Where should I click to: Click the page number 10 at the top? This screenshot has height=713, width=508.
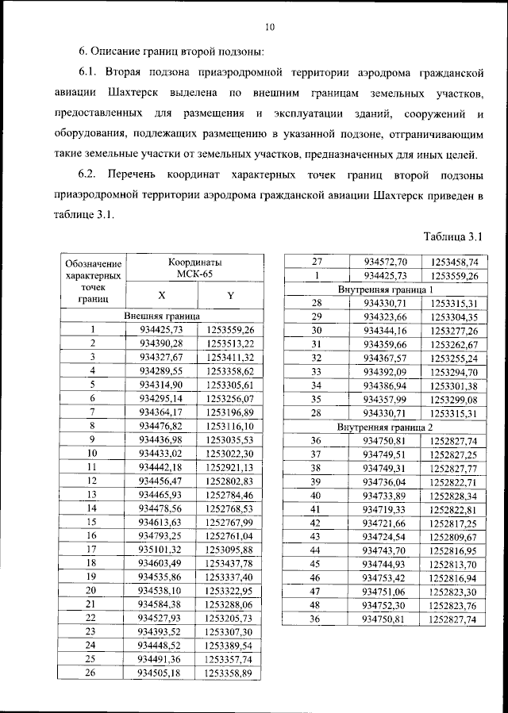269,27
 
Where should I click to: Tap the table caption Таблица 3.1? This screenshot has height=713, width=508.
453,236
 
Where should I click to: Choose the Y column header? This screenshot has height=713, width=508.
229,295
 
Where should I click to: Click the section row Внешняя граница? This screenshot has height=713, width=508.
161,316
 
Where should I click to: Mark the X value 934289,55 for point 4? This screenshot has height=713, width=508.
160,370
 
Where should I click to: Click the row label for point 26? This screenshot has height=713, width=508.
92,673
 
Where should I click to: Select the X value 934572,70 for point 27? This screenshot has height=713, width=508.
385,262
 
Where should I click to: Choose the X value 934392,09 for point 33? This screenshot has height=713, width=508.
385,371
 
